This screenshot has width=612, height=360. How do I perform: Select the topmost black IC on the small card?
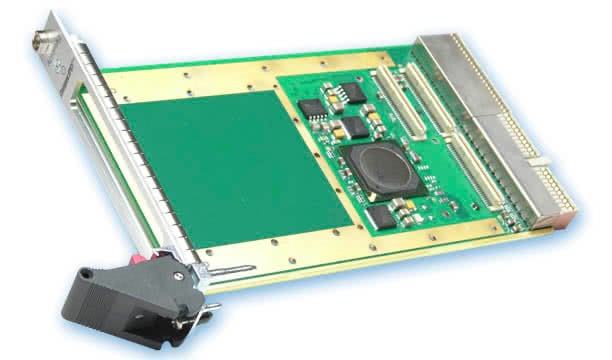click(x=353, y=93)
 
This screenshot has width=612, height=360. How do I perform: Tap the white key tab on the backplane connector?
click(x=541, y=158)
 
